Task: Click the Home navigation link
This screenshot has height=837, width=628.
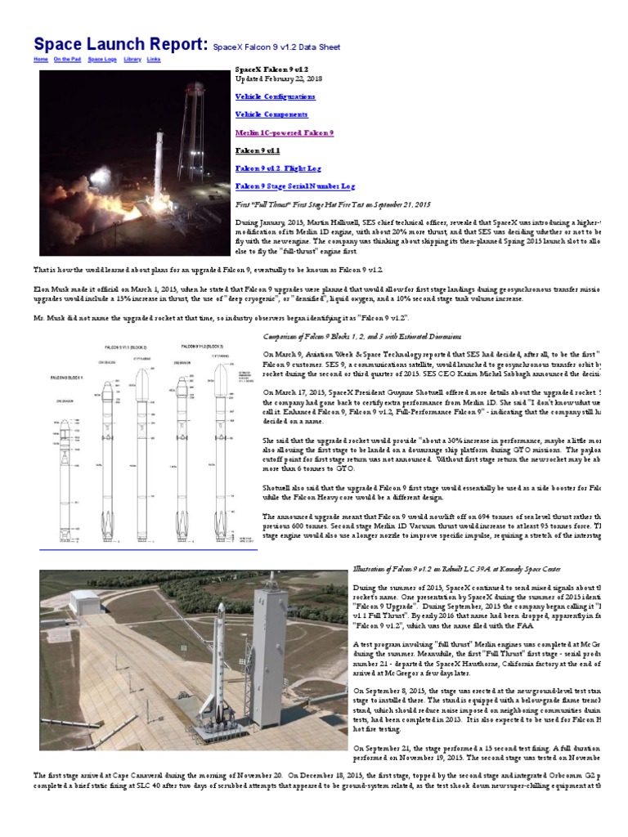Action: [40, 60]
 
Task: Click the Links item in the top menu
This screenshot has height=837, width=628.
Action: [154, 60]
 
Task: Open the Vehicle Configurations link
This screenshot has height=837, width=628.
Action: [275, 96]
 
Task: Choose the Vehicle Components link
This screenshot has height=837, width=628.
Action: [271, 114]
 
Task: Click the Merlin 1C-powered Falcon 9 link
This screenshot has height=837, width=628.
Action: [284, 132]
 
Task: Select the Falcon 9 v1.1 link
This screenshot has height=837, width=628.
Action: [258, 150]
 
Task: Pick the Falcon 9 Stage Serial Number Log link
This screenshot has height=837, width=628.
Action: [295, 186]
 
